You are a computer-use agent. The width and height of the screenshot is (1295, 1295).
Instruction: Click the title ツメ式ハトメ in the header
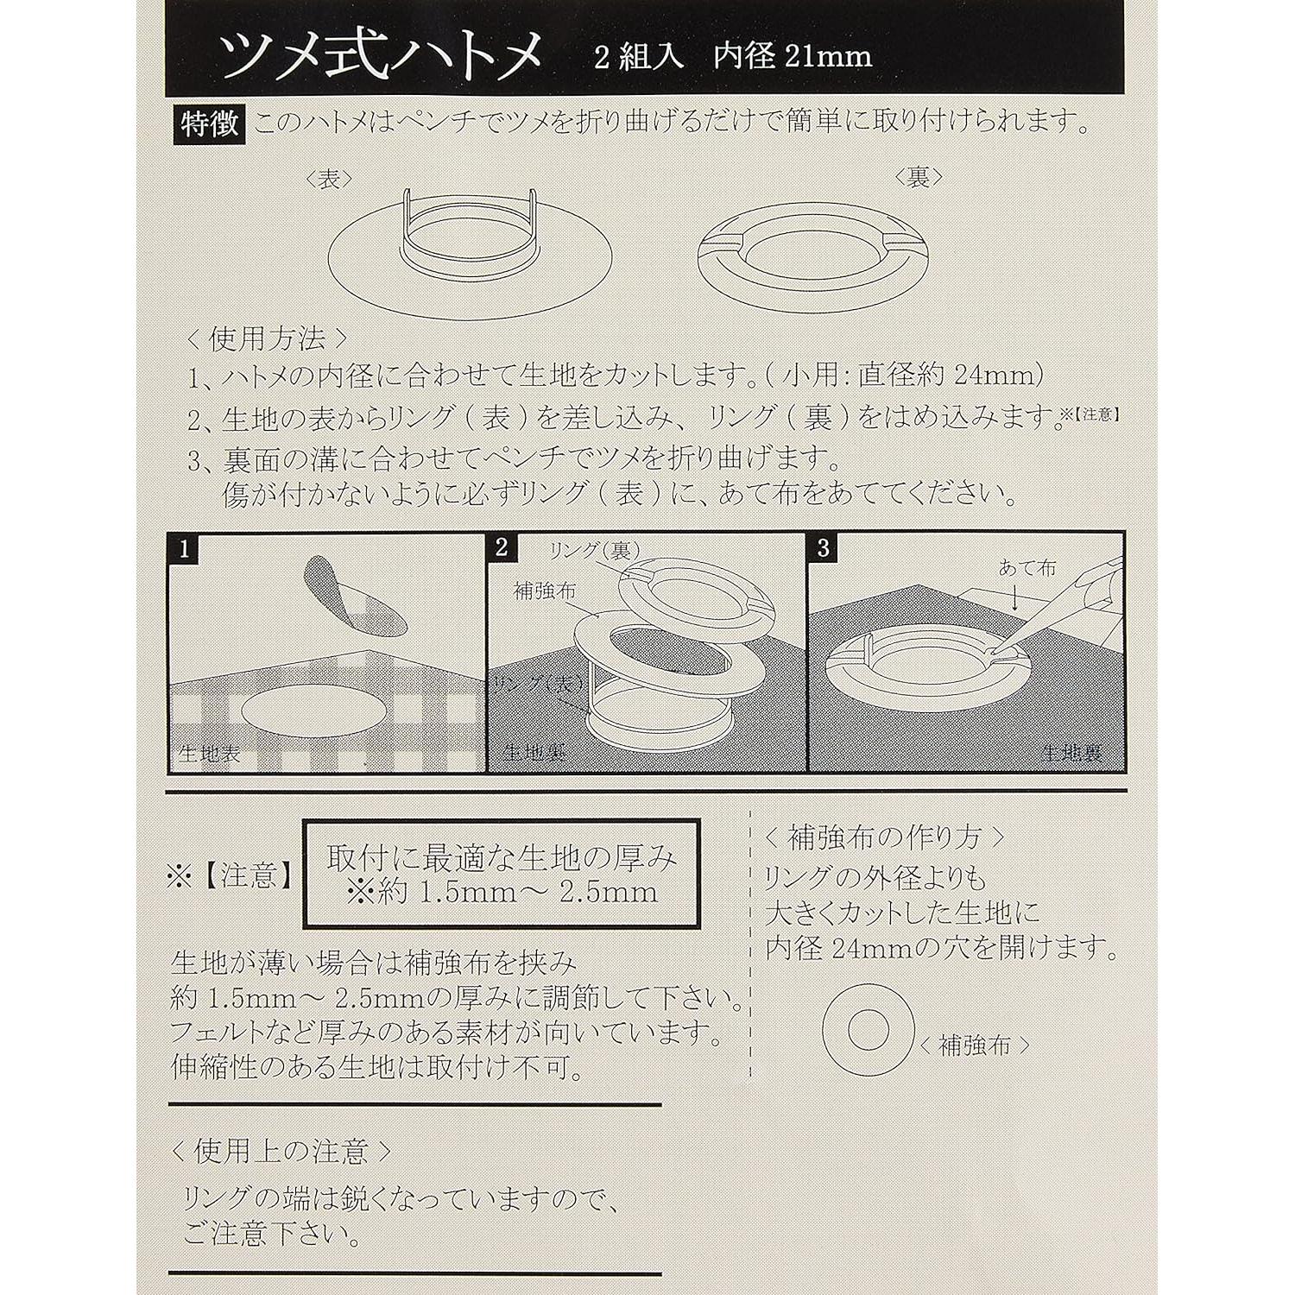[x=381, y=54]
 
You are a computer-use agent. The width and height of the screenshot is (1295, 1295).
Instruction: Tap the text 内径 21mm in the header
[x=792, y=57]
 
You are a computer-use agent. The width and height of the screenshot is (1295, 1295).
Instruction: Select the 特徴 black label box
[x=209, y=124]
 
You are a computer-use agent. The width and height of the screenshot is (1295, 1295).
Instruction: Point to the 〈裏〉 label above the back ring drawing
[x=918, y=177]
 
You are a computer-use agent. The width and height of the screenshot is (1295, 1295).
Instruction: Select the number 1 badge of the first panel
[x=184, y=549]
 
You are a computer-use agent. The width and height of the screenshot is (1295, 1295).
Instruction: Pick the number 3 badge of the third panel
[x=824, y=547]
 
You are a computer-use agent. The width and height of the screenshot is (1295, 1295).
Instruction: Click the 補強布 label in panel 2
[x=544, y=591]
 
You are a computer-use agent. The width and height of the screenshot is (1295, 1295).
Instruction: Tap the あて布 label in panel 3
[x=1027, y=567]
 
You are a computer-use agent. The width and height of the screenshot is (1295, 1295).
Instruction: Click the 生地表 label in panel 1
[x=208, y=753]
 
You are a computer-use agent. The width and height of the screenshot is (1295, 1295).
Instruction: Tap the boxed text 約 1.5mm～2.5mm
[x=501, y=892]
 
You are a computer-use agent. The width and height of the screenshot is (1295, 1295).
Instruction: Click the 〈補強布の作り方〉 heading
[x=884, y=837]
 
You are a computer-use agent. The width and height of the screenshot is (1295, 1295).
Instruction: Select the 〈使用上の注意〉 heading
[x=281, y=1151]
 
